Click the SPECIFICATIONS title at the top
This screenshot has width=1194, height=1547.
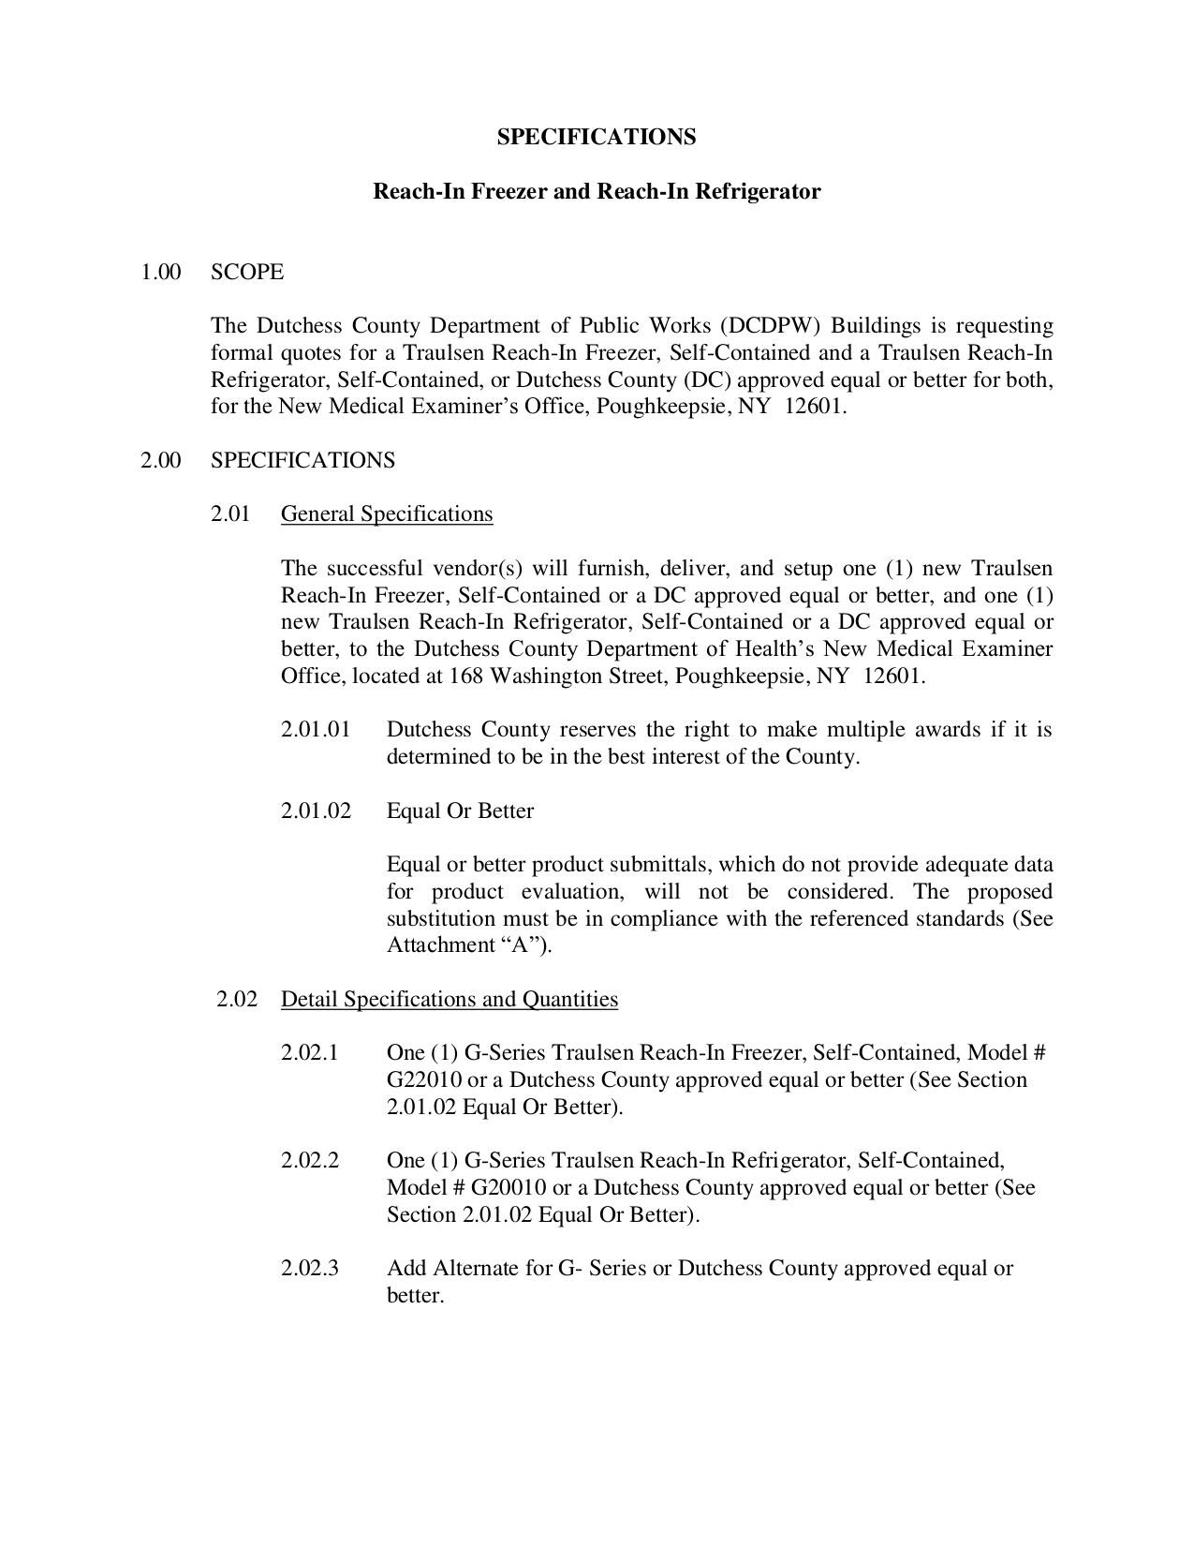pos(597,137)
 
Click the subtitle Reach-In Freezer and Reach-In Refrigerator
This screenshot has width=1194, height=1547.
pos(597,191)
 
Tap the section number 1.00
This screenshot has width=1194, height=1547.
pos(160,272)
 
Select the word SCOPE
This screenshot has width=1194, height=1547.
pos(247,272)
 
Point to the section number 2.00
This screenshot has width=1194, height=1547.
pos(160,460)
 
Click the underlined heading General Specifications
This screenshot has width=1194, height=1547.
pos(387,513)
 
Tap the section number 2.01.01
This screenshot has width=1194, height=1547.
pos(316,729)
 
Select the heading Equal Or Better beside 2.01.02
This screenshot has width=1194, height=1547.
pos(460,811)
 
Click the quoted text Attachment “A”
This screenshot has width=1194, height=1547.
pos(468,945)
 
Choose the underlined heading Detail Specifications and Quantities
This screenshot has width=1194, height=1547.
pos(450,999)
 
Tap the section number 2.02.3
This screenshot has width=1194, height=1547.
pos(309,1269)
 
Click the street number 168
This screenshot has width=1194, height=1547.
pos(466,676)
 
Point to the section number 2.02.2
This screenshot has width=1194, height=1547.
pos(309,1161)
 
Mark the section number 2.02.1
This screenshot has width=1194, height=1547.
pos(309,1053)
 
